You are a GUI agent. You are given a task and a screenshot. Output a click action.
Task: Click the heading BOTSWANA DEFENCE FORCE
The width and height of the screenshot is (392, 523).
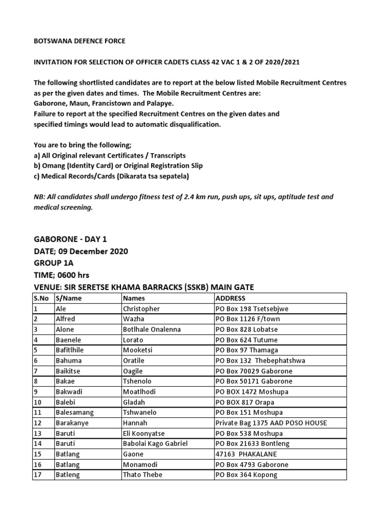coord(79,41)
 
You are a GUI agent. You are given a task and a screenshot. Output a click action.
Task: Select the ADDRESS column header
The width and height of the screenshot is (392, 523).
coord(231,298)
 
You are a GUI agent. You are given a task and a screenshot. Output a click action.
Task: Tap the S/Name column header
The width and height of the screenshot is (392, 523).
coord(68,298)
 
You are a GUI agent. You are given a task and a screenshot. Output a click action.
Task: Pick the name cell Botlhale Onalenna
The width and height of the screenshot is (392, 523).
coord(152,329)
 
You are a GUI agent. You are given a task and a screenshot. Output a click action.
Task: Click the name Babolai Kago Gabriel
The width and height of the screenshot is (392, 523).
coord(155,444)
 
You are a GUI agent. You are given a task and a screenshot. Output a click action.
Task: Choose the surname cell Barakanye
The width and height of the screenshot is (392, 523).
coord(72,423)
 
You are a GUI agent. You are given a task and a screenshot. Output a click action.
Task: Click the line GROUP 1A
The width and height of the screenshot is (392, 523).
coord(54,264)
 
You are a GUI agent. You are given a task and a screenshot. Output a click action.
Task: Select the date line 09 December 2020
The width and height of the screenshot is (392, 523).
coord(81,251)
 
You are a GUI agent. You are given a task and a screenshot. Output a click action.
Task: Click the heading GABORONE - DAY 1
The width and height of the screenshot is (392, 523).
coord(70,239)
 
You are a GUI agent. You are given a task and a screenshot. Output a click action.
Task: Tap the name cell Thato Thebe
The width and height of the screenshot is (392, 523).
coord(142,475)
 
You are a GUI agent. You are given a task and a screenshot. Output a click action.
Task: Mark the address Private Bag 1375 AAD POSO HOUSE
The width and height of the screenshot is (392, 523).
coord(271,423)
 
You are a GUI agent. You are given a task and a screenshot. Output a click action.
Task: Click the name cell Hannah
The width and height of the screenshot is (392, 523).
coord(135,423)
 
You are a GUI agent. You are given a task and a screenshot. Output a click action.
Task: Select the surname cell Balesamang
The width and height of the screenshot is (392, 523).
coord(75,413)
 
